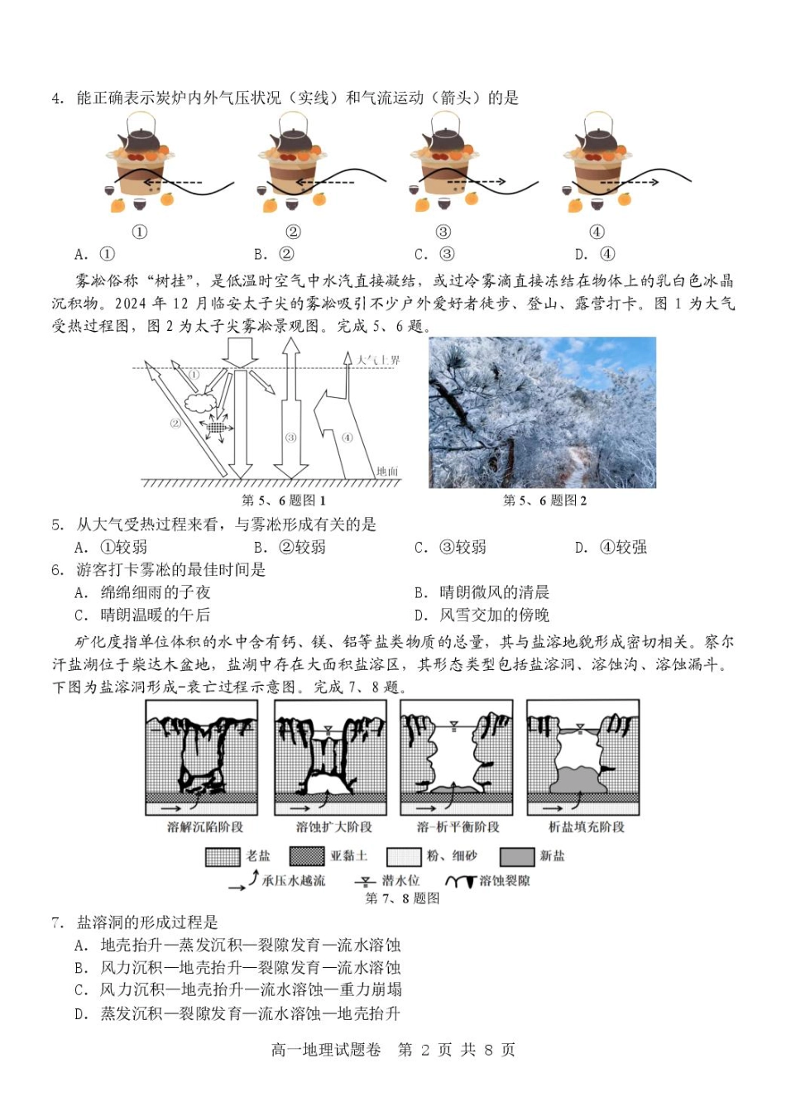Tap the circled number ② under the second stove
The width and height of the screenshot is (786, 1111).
pyautogui.click(x=293, y=232)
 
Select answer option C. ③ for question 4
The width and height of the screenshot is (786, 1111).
pyautogui.click(x=434, y=255)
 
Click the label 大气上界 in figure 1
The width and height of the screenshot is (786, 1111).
pyautogui.click(x=378, y=361)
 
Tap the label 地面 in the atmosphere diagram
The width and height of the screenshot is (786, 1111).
pyautogui.click(x=387, y=472)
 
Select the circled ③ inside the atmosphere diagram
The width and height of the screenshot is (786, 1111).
pyautogui.click(x=290, y=438)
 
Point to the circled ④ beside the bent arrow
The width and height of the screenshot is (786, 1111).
pyautogui.click(x=347, y=438)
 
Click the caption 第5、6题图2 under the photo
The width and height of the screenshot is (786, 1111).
pyautogui.click(x=544, y=500)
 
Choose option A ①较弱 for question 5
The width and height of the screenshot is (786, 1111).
pyautogui.click(x=111, y=548)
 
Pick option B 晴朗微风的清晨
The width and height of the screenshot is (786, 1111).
pyautogui.click(x=482, y=592)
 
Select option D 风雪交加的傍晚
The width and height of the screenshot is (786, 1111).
pyautogui.click(x=482, y=615)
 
